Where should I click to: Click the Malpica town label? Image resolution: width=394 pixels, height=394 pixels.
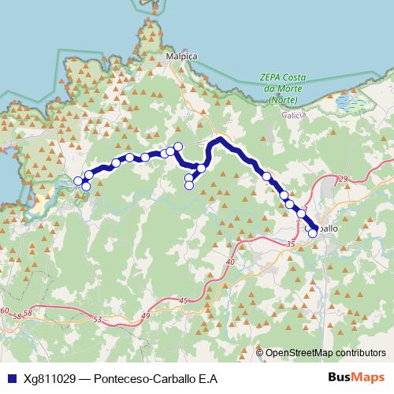pyautogui.click(x=180, y=58)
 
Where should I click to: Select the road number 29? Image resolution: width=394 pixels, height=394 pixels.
pyautogui.click(x=343, y=180)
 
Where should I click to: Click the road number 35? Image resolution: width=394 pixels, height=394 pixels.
pyautogui.click(x=290, y=246)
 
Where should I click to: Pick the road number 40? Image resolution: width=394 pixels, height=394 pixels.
pyautogui.click(x=230, y=262)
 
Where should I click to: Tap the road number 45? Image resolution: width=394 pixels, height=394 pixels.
pyautogui.click(x=184, y=301)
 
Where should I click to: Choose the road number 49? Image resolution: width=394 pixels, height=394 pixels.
pyautogui.click(x=145, y=316)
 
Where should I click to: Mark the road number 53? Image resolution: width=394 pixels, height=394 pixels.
pyautogui.click(x=98, y=320)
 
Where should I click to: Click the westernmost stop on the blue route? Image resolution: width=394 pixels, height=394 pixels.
pyautogui.click(x=78, y=182)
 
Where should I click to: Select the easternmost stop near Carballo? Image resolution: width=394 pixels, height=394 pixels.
pyautogui.click(x=313, y=232)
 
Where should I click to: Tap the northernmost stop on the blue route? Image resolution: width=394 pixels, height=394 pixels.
pyautogui.click(x=178, y=146)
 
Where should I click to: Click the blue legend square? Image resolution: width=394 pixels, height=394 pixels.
pyautogui.click(x=9, y=378)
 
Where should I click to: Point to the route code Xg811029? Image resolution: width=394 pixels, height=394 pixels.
pyautogui.click(x=47, y=378)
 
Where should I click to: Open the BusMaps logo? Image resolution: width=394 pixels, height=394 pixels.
pyautogui.click(x=358, y=377)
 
